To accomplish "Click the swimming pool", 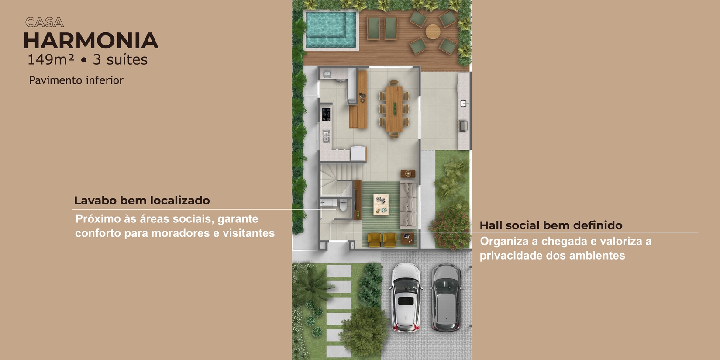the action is (x=331, y=30).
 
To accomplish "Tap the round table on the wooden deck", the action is (x=433, y=31).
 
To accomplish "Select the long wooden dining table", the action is (x=394, y=109).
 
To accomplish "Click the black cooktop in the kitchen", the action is (x=326, y=114).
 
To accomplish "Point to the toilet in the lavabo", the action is (x=343, y=205).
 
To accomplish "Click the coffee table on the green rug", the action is (x=381, y=204).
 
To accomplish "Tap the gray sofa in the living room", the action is (x=408, y=204).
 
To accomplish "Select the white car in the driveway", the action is (x=406, y=298).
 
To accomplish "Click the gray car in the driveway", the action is (x=446, y=298).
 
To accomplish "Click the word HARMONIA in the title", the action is (x=91, y=41).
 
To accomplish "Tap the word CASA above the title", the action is (x=45, y=22).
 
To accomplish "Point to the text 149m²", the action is (x=51, y=59).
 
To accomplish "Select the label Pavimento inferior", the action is (x=76, y=80).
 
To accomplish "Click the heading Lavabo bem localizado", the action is (x=142, y=201).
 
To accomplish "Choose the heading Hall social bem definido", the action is (x=551, y=225).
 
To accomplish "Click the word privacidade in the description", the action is (x=511, y=256).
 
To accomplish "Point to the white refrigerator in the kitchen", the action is (x=358, y=153).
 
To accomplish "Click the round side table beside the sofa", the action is (x=408, y=174).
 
